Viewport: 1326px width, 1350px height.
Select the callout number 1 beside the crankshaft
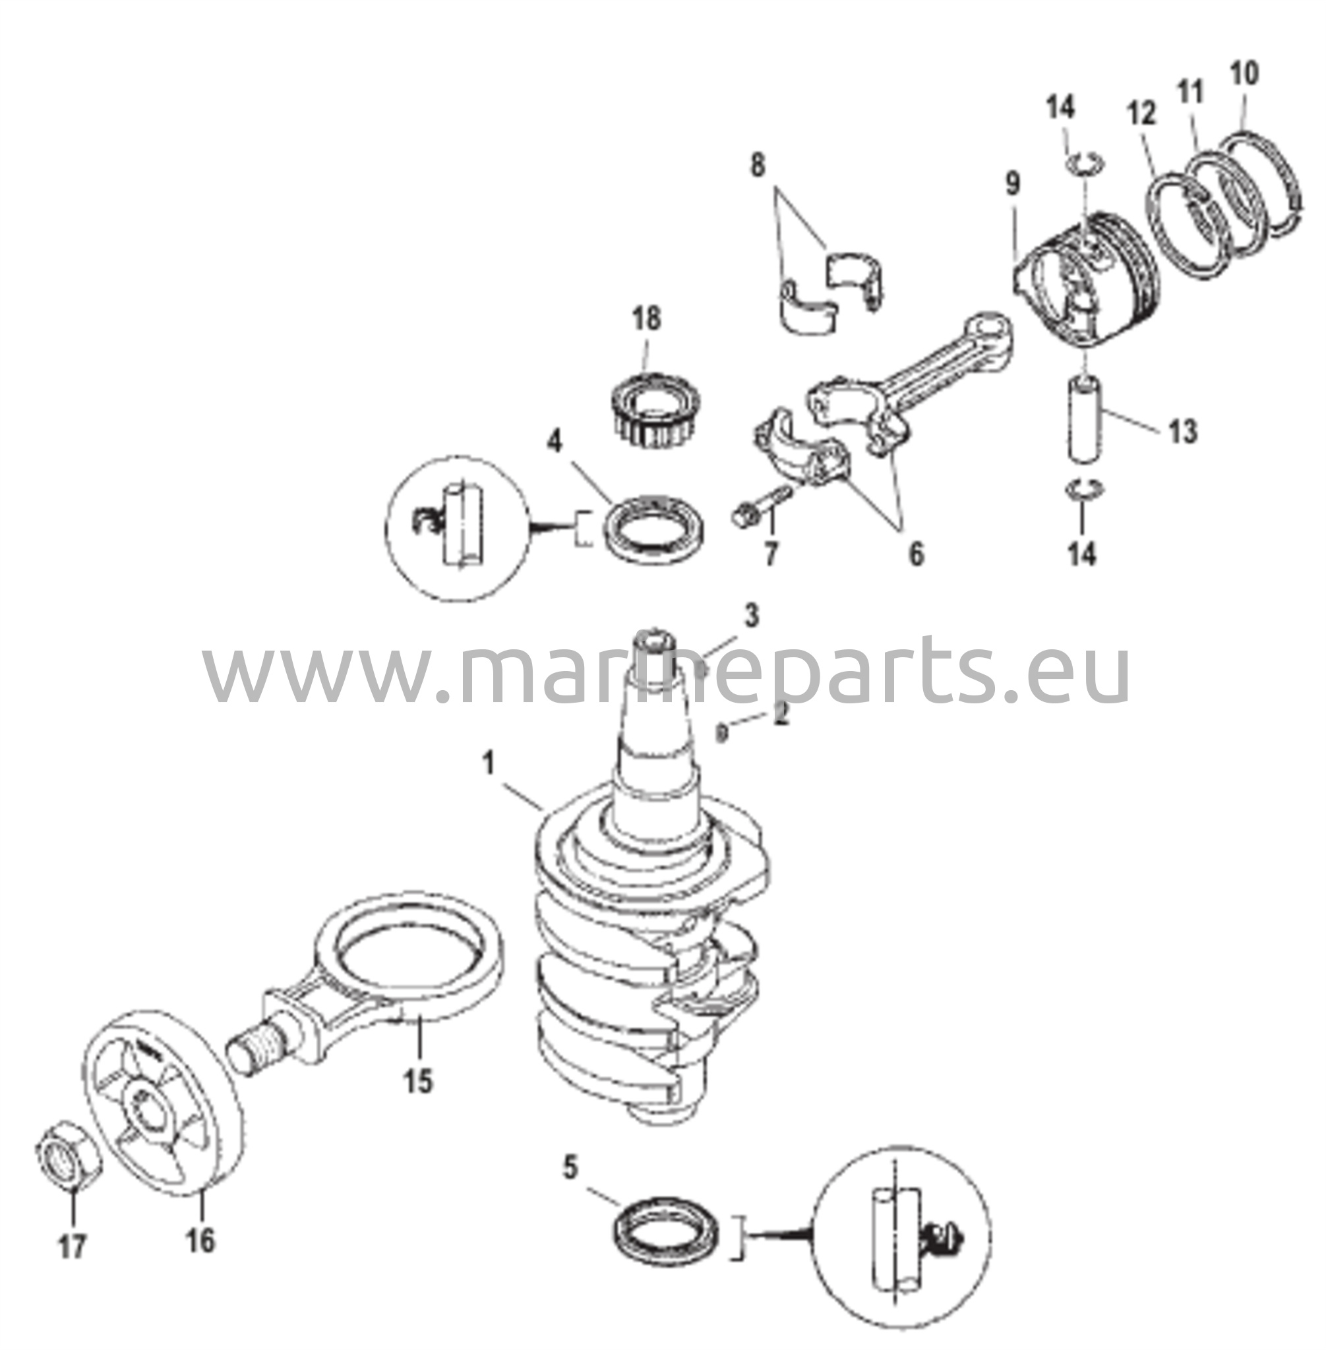coord(487,764)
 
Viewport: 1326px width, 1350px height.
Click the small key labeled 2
coord(722,731)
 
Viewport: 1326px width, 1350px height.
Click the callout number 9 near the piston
coord(1013,185)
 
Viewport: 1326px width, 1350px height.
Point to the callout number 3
coord(751,616)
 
